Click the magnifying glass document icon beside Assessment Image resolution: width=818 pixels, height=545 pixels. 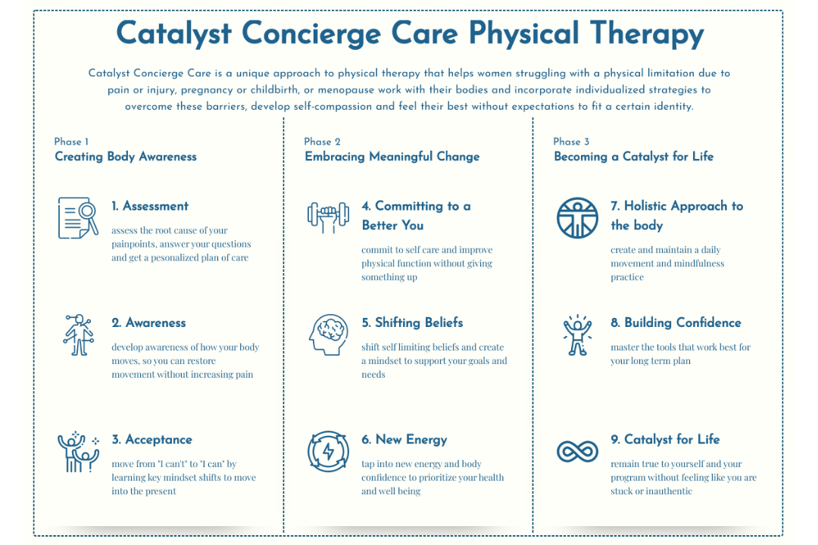[78, 218]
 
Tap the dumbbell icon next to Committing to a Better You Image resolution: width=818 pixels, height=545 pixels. [328, 217]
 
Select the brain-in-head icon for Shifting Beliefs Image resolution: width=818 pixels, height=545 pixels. [328, 335]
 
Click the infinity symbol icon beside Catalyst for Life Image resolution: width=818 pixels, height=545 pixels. [577, 451]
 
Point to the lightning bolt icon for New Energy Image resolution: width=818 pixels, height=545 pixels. [328, 451]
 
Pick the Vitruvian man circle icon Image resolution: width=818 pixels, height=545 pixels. [577, 218]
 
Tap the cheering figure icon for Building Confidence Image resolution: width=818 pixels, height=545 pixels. [577, 336]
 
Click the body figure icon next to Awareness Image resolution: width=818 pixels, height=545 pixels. [78, 335]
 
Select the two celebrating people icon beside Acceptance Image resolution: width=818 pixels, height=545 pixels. [78, 452]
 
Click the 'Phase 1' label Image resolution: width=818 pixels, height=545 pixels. [71, 142]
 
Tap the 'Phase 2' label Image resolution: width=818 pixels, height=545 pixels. [322, 142]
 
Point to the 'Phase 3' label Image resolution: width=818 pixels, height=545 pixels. [571, 142]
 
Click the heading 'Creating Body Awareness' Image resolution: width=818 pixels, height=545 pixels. [126, 157]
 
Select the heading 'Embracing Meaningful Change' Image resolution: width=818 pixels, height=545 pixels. [392, 157]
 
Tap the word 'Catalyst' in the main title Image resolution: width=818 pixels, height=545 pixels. [173, 33]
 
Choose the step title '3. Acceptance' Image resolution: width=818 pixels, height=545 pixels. [151, 440]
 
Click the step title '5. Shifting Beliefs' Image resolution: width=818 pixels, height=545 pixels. [412, 322]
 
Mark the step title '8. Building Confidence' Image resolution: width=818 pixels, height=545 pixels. [676, 322]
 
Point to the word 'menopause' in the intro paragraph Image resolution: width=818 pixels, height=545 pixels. [346, 90]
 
